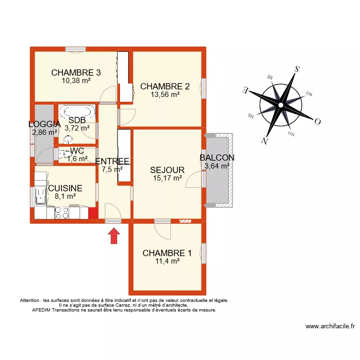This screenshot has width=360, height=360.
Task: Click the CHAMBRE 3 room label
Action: point(76,73)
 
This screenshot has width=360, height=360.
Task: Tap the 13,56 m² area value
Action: point(165,95)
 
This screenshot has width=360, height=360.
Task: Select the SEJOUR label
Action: point(167,170)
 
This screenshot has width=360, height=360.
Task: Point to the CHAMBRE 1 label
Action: point(167,253)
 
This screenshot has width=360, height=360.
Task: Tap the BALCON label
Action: point(217,158)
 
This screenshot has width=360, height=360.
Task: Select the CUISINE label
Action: point(65,188)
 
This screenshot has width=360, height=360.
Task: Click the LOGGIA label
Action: point(44,124)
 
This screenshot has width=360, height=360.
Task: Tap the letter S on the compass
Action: point(297,69)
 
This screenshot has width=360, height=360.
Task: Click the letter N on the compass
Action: point(264,140)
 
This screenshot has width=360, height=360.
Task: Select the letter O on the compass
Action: point(317,121)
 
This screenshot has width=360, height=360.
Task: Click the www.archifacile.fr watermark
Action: point(330,326)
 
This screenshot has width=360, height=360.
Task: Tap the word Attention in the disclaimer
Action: point(31,300)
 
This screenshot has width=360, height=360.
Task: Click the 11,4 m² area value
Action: point(167,261)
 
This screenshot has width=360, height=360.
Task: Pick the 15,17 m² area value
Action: point(167,178)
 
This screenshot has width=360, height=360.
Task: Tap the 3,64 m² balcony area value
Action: point(217,166)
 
